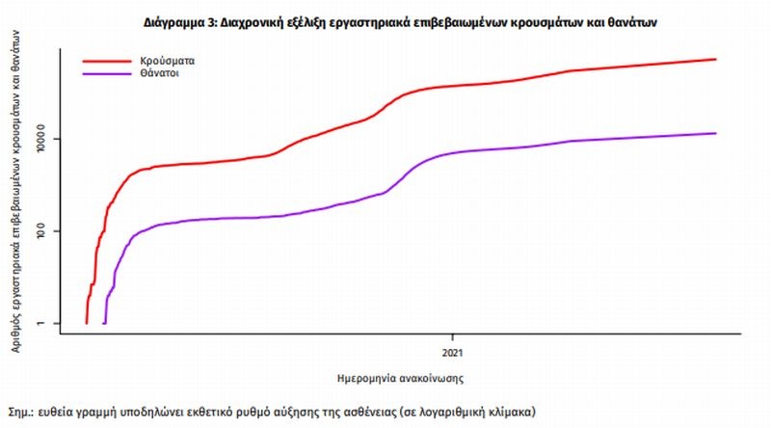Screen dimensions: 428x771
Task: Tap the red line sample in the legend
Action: [109, 61]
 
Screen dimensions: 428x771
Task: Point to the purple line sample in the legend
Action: [109, 73]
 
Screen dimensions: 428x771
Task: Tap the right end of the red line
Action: [716, 60]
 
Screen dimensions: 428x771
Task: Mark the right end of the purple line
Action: [716, 133]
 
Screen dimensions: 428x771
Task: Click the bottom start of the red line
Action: [86, 323]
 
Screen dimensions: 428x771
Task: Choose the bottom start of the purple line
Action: [104, 323]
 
